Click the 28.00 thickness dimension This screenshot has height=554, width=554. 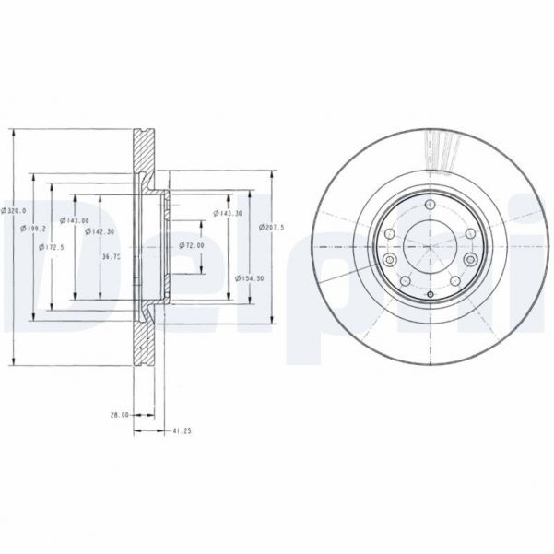[x=117, y=416]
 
